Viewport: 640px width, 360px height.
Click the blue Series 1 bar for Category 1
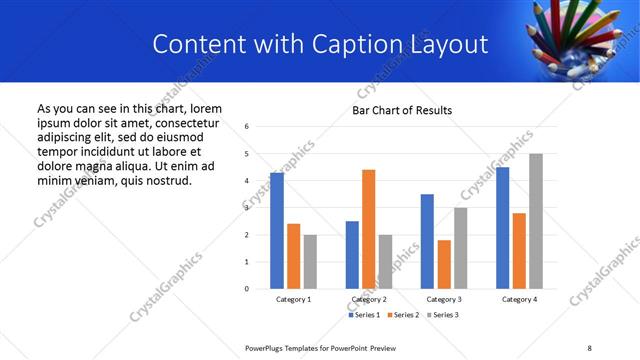[x=277, y=231]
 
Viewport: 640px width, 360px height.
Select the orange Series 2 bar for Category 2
[x=368, y=229]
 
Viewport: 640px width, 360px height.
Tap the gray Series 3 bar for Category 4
[x=536, y=221]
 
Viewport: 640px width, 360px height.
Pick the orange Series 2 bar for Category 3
[x=444, y=264]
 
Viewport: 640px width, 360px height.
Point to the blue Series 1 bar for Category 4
[x=503, y=228]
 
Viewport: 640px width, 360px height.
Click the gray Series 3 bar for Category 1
[x=310, y=262]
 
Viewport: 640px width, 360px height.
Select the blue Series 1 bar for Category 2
[x=352, y=255]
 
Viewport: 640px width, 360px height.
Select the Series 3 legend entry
[x=440, y=315]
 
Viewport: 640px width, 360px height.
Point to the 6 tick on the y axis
[x=247, y=127]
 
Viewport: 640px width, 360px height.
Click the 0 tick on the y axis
[x=247, y=289]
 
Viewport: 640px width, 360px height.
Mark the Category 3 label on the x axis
[x=444, y=299]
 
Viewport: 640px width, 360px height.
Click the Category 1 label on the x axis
[x=294, y=299]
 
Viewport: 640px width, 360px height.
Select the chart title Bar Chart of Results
[x=402, y=110]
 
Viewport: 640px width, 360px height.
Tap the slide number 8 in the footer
[x=589, y=347]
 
